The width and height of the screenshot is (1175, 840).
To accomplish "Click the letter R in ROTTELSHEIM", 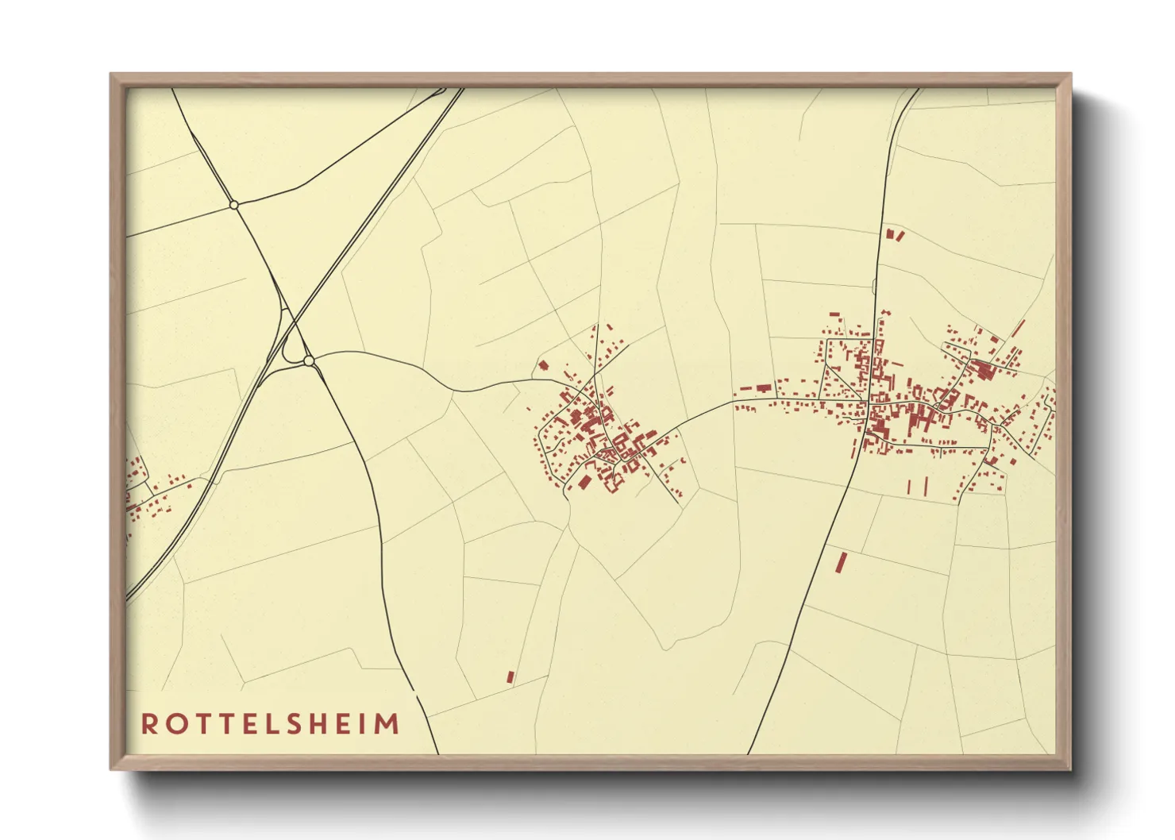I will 149,724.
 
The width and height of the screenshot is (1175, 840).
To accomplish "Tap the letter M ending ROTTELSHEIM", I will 388,724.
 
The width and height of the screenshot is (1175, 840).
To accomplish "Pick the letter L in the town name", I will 271,724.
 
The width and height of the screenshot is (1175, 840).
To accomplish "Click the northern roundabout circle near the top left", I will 233,205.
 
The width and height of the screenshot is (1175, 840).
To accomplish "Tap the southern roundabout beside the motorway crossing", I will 309,361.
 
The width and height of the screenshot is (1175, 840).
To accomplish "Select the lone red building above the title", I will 510,677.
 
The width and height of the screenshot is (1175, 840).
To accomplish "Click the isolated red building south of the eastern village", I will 841,563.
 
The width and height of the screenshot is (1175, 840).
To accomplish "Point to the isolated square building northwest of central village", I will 544,366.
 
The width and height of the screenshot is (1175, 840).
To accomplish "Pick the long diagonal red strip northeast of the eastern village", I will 1019,328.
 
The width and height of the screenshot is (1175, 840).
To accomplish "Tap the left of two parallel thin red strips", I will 909,486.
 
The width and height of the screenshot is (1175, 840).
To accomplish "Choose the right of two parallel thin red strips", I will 926,485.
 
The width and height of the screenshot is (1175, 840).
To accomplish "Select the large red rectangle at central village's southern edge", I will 586,481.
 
